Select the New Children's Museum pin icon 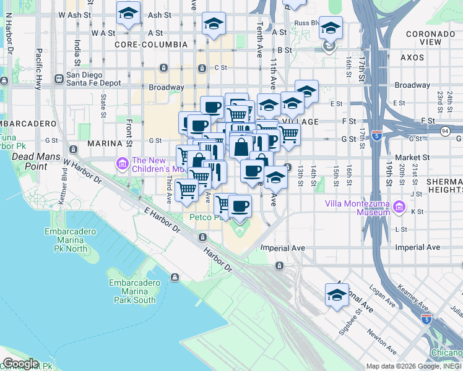[x=122, y=164]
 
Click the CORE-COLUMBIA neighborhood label [x=150, y=45]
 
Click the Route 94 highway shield [x=445, y=131]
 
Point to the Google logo [x=20, y=364]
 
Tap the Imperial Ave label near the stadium [x=283, y=247]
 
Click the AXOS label [x=412, y=58]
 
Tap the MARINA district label [x=103, y=143]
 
